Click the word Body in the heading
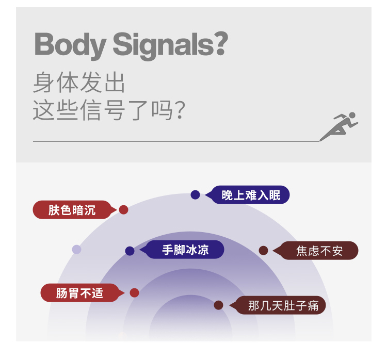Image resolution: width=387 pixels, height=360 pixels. point(70,45)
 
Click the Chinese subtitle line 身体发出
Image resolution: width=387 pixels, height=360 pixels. point(79,83)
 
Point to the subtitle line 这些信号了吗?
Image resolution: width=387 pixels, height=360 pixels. point(108,110)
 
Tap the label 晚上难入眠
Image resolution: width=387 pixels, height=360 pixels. point(251,195)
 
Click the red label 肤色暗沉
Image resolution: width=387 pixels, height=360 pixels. point(72,210)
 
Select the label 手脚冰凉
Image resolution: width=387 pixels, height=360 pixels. point(185,250)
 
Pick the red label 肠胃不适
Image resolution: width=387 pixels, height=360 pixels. point(79,293)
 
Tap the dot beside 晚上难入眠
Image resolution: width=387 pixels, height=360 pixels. point(195,195)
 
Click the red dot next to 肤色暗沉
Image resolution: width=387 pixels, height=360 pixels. point(123,210)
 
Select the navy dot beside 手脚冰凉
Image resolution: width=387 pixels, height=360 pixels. point(130,251)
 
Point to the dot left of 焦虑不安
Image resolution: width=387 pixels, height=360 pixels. point(263,251)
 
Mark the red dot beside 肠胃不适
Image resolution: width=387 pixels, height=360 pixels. point(134,293)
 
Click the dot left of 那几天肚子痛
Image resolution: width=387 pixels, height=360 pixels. point(218,305)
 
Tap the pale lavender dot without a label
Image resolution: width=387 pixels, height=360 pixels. point(76,250)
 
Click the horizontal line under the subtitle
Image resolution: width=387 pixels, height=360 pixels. point(175,141)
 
